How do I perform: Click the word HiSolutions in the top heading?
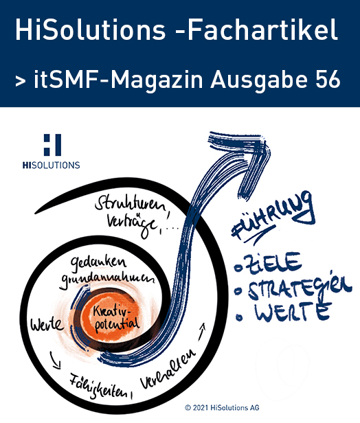point(90,30)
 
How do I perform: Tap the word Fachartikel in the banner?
point(262,30)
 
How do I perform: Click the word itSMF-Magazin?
point(118,80)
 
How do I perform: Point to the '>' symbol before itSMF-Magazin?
point(20,81)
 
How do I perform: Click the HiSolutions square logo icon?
point(52,145)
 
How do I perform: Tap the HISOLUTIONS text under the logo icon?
point(52,165)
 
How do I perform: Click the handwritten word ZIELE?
point(272,264)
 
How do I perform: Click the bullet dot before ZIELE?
point(238,268)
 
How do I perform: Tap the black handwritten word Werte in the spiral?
point(47,324)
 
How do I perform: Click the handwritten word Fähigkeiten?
point(100,387)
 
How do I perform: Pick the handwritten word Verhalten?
point(168,369)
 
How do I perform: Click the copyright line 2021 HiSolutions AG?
point(222,407)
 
